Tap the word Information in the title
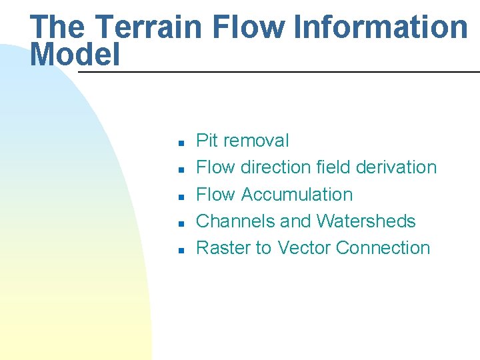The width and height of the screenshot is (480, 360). pyautogui.click(x=381, y=27)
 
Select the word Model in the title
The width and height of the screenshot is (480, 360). pyautogui.click(x=75, y=55)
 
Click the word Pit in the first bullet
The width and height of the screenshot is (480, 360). pyautogui.click(x=207, y=141)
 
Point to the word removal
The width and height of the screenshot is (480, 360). pyautogui.click(x=257, y=141)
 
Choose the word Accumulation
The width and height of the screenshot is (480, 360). pyautogui.click(x=297, y=195)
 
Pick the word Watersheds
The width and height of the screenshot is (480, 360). pyautogui.click(x=366, y=221)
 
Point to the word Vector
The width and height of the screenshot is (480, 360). pyautogui.click(x=304, y=248)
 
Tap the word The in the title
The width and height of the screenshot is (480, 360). pyautogui.click(x=57, y=27)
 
